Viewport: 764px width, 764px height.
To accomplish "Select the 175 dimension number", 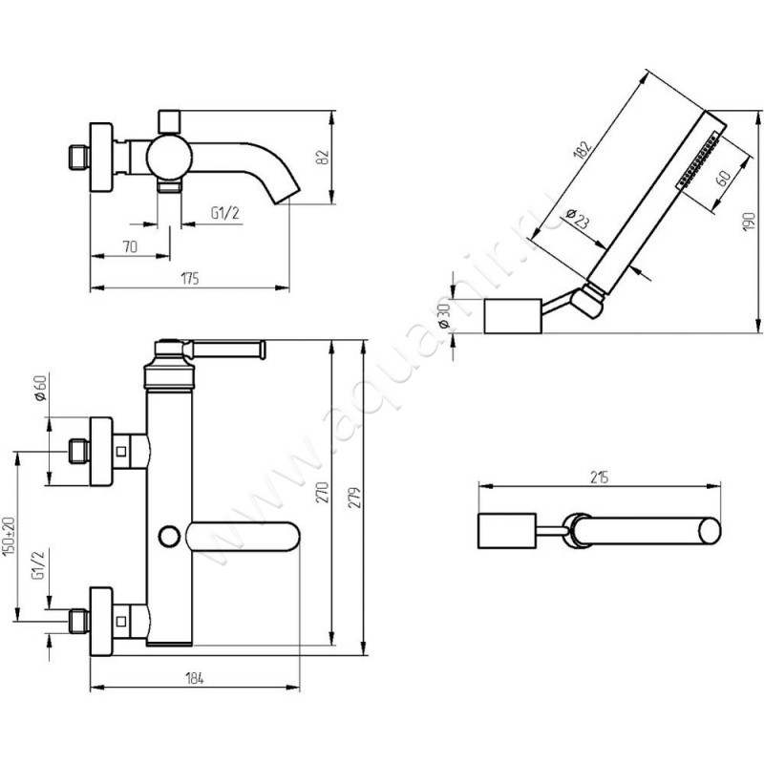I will click(x=189, y=278).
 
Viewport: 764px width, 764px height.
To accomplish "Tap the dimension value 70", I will click(x=131, y=246).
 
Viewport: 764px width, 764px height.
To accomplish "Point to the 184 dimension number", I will click(x=194, y=679).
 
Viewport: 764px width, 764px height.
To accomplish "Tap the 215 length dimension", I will click(x=600, y=477).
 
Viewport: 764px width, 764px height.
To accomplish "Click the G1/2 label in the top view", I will click(x=223, y=215).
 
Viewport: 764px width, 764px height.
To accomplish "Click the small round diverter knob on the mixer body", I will click(x=171, y=537).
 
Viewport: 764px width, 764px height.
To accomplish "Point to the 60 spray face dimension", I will click(x=723, y=177).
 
